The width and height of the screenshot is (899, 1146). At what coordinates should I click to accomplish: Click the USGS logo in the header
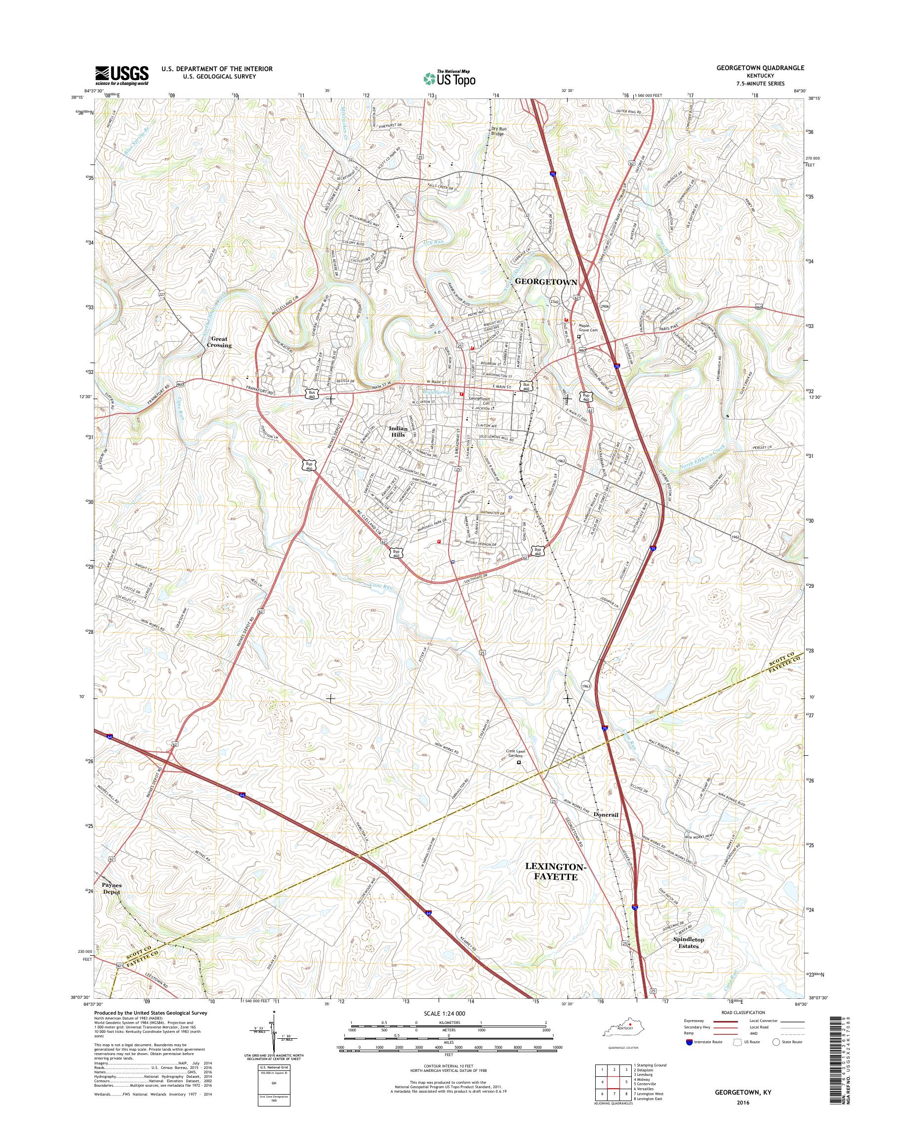122,75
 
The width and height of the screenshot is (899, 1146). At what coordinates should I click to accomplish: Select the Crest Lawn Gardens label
520,753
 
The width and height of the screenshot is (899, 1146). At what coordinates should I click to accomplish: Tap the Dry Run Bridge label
497,131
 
